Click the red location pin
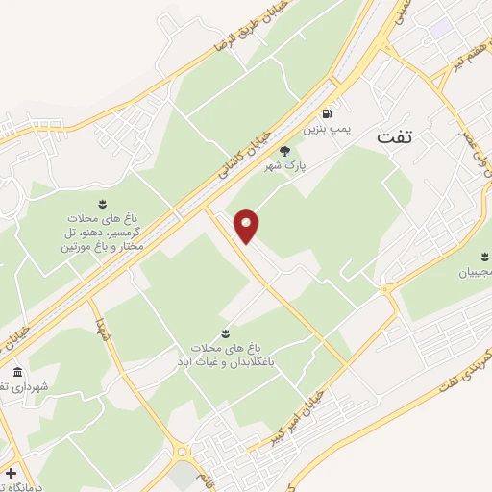(247, 226)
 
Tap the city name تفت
(393, 136)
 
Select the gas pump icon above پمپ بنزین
(328, 111)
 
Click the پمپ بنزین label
(323, 127)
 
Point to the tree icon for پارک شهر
(283, 150)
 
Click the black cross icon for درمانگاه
(10, 474)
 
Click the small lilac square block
(440, 29)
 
